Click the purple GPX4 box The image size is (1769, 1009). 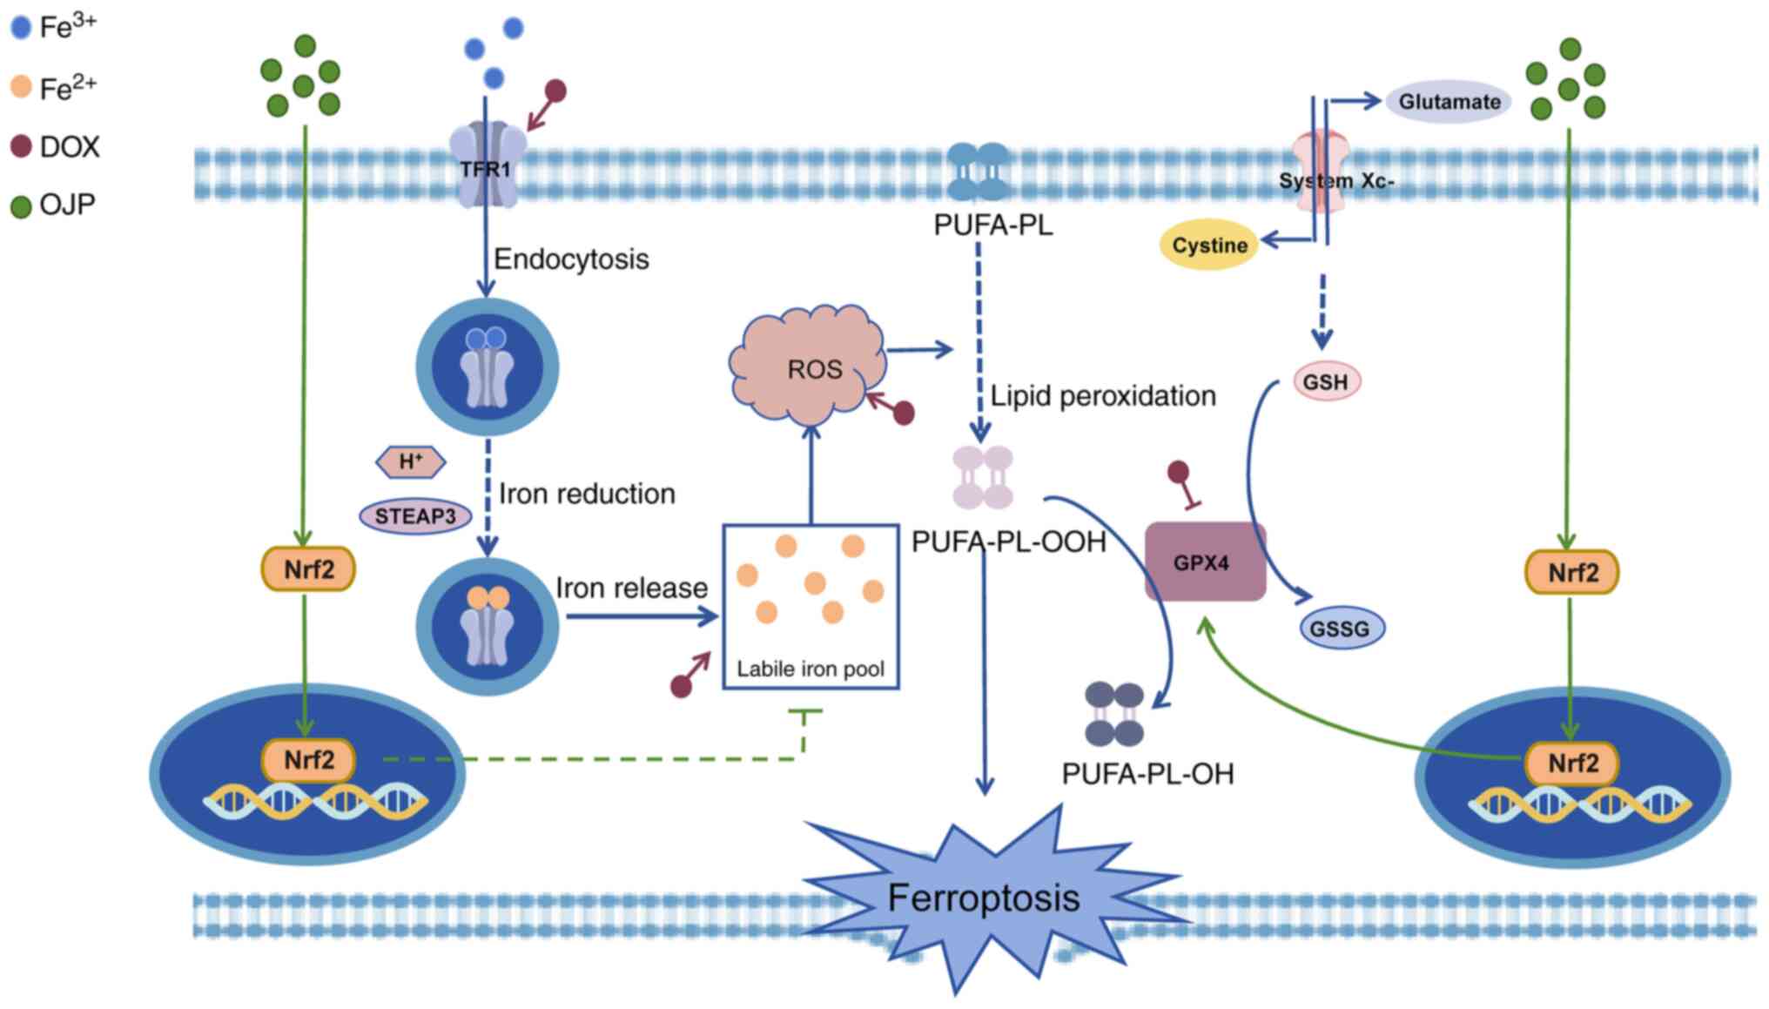pyautogui.click(x=1204, y=562)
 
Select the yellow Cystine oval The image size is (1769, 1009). pyautogui.click(x=1209, y=246)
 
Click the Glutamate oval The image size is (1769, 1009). pyautogui.click(x=1449, y=102)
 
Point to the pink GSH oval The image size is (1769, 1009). pyautogui.click(x=1326, y=381)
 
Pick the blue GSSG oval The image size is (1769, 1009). pyautogui.click(x=1340, y=628)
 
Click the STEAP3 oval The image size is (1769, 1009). pyautogui.click(x=415, y=516)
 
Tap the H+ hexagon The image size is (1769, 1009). pyautogui.click(x=411, y=461)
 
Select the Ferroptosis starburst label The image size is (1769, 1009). pyautogui.click(x=984, y=898)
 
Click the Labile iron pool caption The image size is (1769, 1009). pyautogui.click(x=811, y=669)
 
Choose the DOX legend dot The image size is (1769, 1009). pyautogui.click(x=21, y=146)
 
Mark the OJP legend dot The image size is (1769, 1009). pyautogui.click(x=21, y=206)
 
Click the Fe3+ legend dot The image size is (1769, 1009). pyautogui.click(x=21, y=28)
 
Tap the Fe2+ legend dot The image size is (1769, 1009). pyautogui.click(x=21, y=87)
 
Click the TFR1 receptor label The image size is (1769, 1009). pyautogui.click(x=485, y=169)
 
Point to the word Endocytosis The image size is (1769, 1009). pyautogui.click(x=571, y=259)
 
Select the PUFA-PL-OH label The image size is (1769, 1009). pyautogui.click(x=1147, y=774)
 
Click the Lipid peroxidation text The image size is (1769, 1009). pyautogui.click(x=1103, y=396)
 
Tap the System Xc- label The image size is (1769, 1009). pyautogui.click(x=1336, y=181)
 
